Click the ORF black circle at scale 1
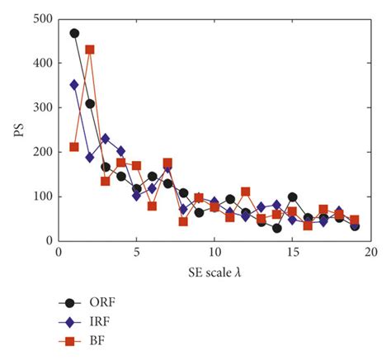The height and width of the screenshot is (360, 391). pos(74,33)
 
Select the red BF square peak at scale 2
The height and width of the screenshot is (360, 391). pos(90,50)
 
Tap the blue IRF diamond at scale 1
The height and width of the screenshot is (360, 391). pos(74,84)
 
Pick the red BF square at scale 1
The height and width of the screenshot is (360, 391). pos(74,147)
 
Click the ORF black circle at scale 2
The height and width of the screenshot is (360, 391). pos(90,104)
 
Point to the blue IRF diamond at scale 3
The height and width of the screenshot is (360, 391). pos(106,138)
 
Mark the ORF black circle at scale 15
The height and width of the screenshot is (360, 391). pos(293,197)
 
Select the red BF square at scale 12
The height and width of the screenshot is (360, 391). pos(246,192)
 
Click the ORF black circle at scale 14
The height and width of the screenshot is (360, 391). pos(277,228)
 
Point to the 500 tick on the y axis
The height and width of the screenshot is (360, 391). pos(41,18)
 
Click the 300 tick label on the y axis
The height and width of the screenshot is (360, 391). pos(41,107)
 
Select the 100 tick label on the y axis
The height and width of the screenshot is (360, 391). pos(41,197)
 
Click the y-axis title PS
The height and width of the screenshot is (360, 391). pos(16,130)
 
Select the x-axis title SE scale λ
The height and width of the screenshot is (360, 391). pos(214,271)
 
